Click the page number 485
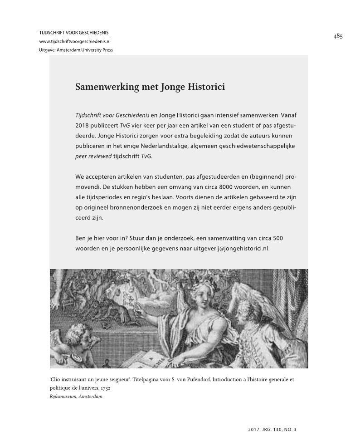click(337, 37)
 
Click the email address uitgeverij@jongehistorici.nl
click(231, 249)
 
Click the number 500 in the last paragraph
click(278, 238)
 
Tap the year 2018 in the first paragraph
click(83, 126)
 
